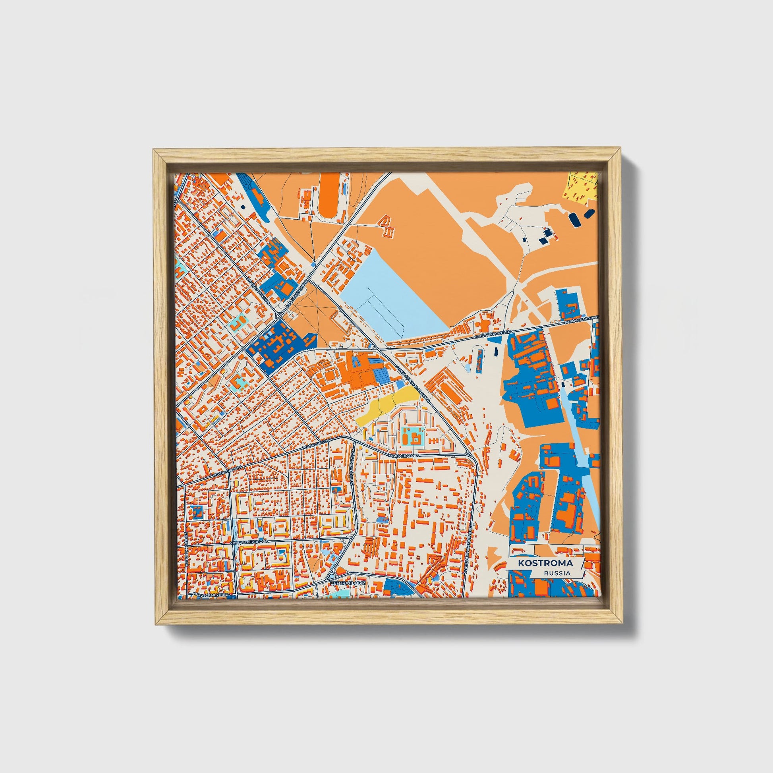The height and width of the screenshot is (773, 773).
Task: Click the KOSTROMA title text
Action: (545, 563)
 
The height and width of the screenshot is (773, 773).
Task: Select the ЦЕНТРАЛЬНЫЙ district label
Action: (348, 584)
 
